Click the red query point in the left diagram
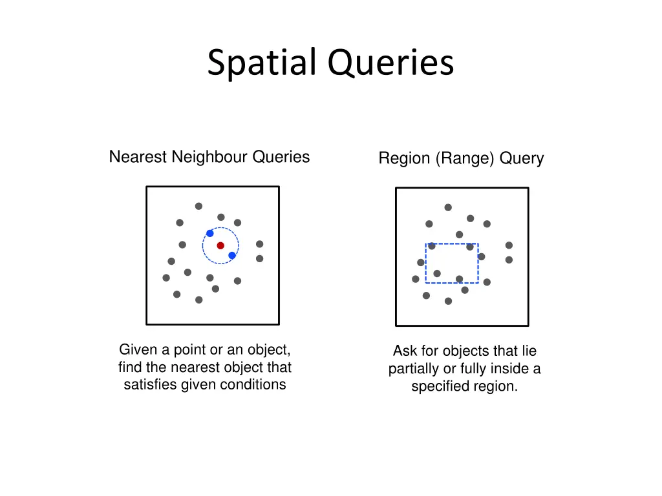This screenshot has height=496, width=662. [220, 245]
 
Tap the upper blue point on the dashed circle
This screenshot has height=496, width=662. [209, 233]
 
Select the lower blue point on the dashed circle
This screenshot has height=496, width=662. [232, 256]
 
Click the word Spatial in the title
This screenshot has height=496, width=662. [263, 63]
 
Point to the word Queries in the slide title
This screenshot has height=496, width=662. [390, 63]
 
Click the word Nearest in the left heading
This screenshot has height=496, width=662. [138, 157]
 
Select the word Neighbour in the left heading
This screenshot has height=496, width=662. [210, 157]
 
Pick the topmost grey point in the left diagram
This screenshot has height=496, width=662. [198, 206]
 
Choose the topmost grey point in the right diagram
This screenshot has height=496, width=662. [448, 207]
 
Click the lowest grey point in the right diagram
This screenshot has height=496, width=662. [448, 301]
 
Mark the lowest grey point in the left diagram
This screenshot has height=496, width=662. [198, 300]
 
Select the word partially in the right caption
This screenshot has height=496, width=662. [413, 369]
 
